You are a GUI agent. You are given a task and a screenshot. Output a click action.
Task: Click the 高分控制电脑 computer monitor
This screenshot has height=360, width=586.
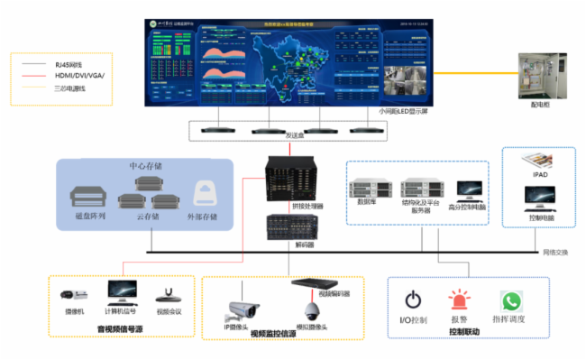coord(469,189)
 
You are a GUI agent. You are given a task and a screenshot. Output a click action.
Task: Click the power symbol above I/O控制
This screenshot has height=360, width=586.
coord(413,300)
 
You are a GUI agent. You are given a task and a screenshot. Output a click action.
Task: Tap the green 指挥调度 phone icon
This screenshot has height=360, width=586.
coord(511,300)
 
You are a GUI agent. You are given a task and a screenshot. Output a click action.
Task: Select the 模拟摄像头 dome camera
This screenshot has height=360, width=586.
coord(312,310)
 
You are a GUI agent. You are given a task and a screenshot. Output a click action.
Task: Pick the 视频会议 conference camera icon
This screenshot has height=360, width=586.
coord(168,292)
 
